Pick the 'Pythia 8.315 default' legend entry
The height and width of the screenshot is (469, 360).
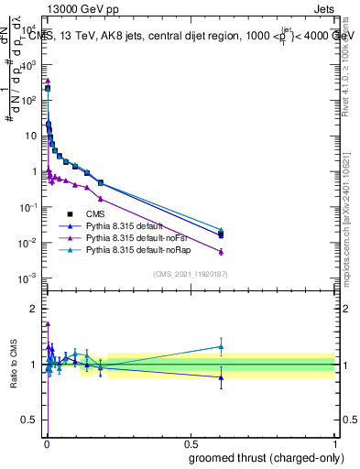coord(128,226)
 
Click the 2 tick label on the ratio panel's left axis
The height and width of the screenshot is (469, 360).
coord(35,307)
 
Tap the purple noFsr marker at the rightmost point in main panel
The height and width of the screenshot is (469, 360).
coord(221,252)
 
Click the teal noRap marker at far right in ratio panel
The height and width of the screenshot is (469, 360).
coord(221,346)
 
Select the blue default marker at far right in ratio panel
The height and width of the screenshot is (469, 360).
coord(221,377)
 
